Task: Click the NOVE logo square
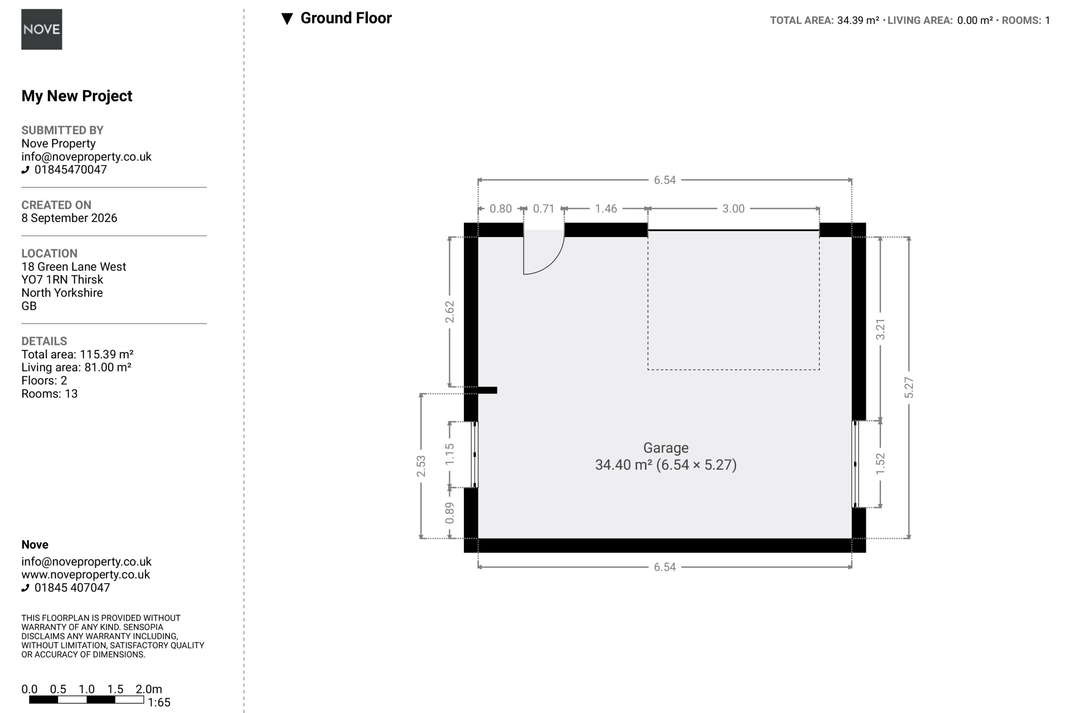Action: pyautogui.click(x=41, y=29)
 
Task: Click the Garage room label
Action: pyautogui.click(x=666, y=448)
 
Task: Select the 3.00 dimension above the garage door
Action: pyautogui.click(x=733, y=209)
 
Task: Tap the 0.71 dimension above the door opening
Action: pyautogui.click(x=543, y=209)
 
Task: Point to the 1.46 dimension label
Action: pyautogui.click(x=606, y=209)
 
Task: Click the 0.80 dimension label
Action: pyautogui.click(x=500, y=209)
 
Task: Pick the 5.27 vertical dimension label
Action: pyautogui.click(x=908, y=387)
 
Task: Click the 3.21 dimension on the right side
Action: pyautogui.click(x=880, y=329)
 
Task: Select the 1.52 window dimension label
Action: pyautogui.click(x=880, y=464)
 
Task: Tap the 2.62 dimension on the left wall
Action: pyautogui.click(x=449, y=312)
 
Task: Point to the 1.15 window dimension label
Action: pyautogui.click(x=449, y=454)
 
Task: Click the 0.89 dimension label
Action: pyautogui.click(x=449, y=513)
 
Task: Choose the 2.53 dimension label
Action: pyautogui.click(x=421, y=466)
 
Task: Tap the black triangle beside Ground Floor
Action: pyautogui.click(x=287, y=19)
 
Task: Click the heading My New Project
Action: pyautogui.click(x=77, y=96)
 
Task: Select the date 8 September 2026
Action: pyautogui.click(x=69, y=218)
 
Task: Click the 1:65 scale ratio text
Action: pyautogui.click(x=159, y=703)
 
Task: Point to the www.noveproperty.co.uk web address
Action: pyautogui.click(x=85, y=574)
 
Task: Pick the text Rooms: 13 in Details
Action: pyautogui.click(x=49, y=394)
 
